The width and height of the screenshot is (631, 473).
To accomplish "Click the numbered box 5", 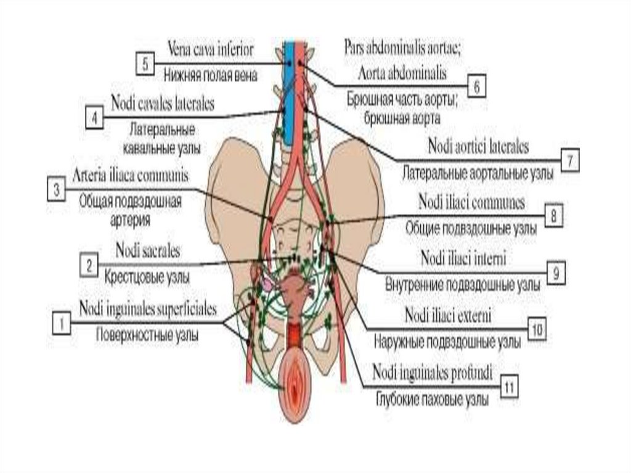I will (x=145, y=64).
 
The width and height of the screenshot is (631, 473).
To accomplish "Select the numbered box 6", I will (x=476, y=88).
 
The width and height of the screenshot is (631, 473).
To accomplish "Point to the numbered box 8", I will (x=554, y=215).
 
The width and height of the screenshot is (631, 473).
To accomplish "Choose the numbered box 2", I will (x=89, y=266).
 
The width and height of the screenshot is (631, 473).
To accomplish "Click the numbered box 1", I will (x=62, y=322).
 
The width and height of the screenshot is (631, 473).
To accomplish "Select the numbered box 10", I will (x=537, y=329).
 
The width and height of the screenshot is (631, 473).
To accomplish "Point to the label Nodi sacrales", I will (x=147, y=252).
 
